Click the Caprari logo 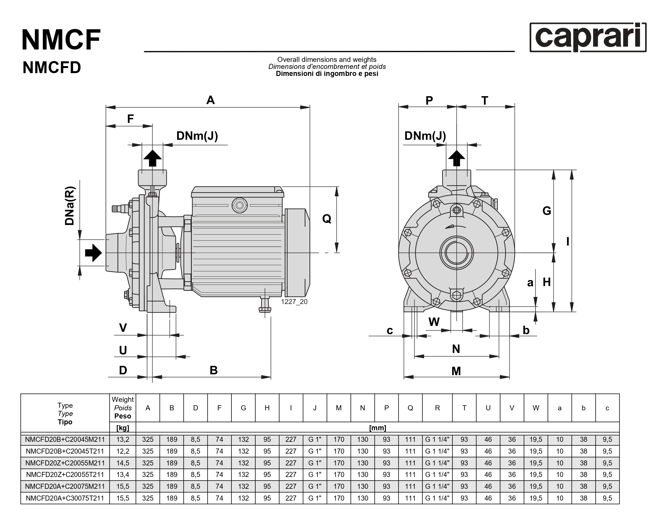(588, 37)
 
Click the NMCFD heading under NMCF (52, 67)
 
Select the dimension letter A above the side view (210, 100)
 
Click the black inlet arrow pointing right (93, 253)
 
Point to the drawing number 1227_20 (294, 301)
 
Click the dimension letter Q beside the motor (327, 219)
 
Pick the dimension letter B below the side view (213, 370)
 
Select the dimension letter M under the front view (456, 371)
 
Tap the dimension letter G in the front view (547, 211)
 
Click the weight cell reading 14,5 (122, 463)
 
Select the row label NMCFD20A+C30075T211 (65, 498)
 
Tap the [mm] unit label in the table (378, 428)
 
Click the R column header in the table (437, 408)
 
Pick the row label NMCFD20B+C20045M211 (65, 439)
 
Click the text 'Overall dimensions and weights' (327, 59)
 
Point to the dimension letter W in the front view (434, 322)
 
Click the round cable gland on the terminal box (239, 205)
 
